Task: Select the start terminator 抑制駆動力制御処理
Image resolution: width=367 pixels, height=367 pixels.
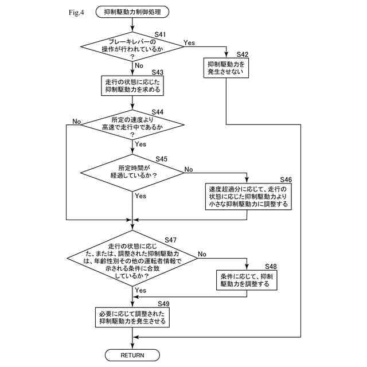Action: point(132,11)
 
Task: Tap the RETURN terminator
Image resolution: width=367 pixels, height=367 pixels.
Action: point(132,355)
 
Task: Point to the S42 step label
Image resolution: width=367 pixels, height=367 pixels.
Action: point(243,54)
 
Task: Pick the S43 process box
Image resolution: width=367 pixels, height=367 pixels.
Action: point(132,85)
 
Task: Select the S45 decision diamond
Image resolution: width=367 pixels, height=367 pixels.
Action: point(132,171)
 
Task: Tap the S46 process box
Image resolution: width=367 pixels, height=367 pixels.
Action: point(248,196)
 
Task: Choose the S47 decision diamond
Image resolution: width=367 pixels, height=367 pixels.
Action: point(132,260)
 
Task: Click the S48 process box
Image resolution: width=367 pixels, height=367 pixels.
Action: point(248,280)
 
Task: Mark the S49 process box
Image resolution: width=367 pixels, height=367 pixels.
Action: point(132,317)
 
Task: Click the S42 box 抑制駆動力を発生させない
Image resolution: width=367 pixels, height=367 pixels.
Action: point(227,68)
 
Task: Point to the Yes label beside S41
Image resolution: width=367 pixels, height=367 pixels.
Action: point(189,42)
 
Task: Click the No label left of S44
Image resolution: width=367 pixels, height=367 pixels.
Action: point(77,122)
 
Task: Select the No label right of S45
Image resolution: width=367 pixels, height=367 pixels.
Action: point(189,169)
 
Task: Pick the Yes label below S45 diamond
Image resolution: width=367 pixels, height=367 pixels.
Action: point(140,196)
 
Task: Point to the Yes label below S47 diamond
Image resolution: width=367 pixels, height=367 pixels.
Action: point(140,291)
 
